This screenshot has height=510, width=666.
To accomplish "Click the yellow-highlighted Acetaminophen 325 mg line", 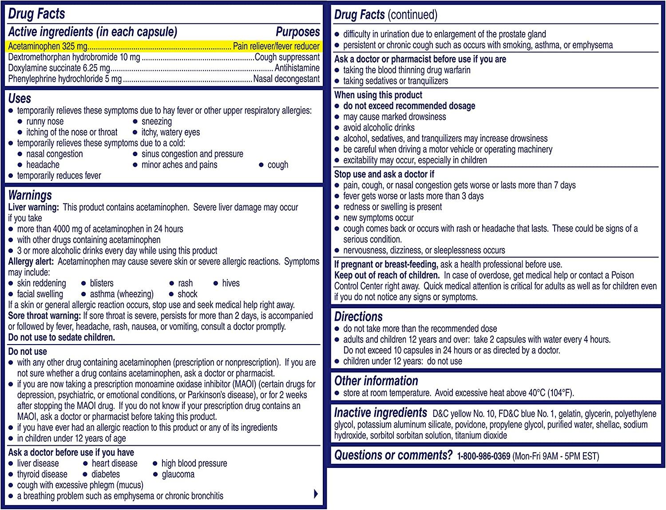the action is pos(163,46).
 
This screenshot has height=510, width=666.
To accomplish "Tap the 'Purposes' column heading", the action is pos(297,32).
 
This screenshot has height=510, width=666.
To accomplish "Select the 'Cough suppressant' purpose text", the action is pos(287,57).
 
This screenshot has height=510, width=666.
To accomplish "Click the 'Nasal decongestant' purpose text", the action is pos(286,79).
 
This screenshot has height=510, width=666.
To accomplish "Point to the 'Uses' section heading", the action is pos(20,98).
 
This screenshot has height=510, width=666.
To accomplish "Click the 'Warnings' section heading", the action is pos(30,195).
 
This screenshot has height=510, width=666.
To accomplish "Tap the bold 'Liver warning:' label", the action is pos(33,207).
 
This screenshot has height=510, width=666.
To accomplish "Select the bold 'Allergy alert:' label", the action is pos(31,262).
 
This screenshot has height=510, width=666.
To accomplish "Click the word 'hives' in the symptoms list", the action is pos(230,283).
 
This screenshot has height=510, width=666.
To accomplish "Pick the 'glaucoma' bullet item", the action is pos(178,474).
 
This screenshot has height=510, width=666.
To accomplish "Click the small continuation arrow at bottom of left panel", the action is pos(316,494).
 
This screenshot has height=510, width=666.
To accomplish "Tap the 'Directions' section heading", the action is pos(358,317).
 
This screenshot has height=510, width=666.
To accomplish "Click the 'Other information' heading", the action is pos(376,381).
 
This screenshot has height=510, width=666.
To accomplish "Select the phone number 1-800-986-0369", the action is pos(484,456).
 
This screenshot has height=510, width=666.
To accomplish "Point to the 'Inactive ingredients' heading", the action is pos(381,413).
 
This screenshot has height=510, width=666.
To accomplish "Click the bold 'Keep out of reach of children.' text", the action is pos(387,275).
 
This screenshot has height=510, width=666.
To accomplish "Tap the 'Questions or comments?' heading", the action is pos(393,455).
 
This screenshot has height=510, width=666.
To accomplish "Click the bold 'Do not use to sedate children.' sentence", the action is pos(62,337).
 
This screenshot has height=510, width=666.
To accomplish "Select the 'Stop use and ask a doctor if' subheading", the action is pos(384,174).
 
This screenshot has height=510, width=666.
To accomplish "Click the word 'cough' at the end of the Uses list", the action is pos(277,165).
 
